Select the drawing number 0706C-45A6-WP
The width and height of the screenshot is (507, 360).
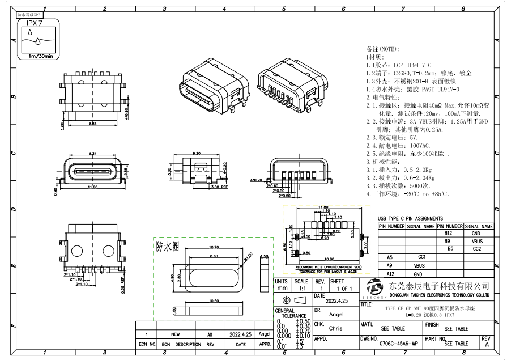click(399, 344)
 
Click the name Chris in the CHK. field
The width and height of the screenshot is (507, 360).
click(335, 328)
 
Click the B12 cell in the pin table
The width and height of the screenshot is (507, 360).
click(448, 233)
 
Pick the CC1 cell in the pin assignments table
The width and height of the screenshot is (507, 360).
click(421, 257)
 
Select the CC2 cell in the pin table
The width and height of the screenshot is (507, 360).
click(476, 249)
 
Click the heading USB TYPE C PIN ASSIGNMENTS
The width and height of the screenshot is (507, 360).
click(411, 218)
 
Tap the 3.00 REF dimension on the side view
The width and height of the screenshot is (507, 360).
click(219, 187)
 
